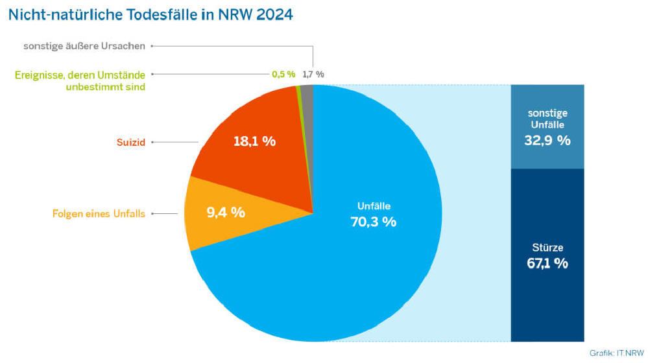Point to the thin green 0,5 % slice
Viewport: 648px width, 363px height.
tap(298, 91)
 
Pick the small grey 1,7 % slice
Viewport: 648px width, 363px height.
tap(307, 91)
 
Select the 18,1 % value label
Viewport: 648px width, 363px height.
tap(254, 141)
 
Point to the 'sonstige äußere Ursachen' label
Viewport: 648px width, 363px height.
tap(84, 47)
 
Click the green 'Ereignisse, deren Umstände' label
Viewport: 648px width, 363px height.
tap(80, 75)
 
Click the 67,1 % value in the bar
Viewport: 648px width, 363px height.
tap(547, 263)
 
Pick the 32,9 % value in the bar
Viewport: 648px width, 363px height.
tap(547, 140)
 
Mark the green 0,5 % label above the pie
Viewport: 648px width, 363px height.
tap(283, 74)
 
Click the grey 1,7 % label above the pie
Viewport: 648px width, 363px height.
tap(313, 74)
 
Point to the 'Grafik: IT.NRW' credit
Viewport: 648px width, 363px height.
tap(616, 353)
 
